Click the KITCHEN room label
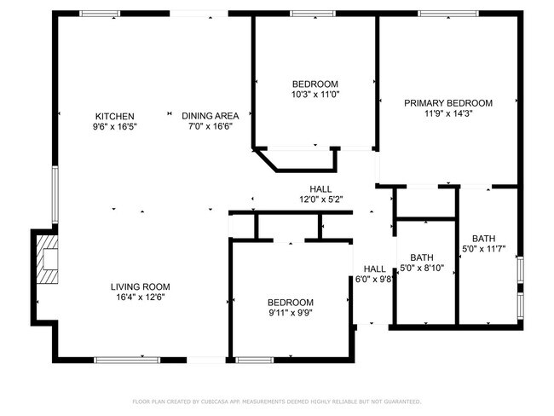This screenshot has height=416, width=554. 115,116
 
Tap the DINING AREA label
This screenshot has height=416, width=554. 211,116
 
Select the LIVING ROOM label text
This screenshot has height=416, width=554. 140,286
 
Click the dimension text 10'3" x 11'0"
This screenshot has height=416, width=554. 316,95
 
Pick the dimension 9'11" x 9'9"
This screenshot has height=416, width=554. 291,313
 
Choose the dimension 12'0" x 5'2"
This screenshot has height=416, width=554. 320,199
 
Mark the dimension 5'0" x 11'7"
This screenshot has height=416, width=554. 484,250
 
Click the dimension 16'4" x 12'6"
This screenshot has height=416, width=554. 140,297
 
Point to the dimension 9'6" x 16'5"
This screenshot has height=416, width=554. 115,126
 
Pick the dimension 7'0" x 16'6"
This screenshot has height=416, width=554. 211,126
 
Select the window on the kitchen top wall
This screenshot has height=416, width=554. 100,14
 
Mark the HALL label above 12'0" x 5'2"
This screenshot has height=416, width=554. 320,189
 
